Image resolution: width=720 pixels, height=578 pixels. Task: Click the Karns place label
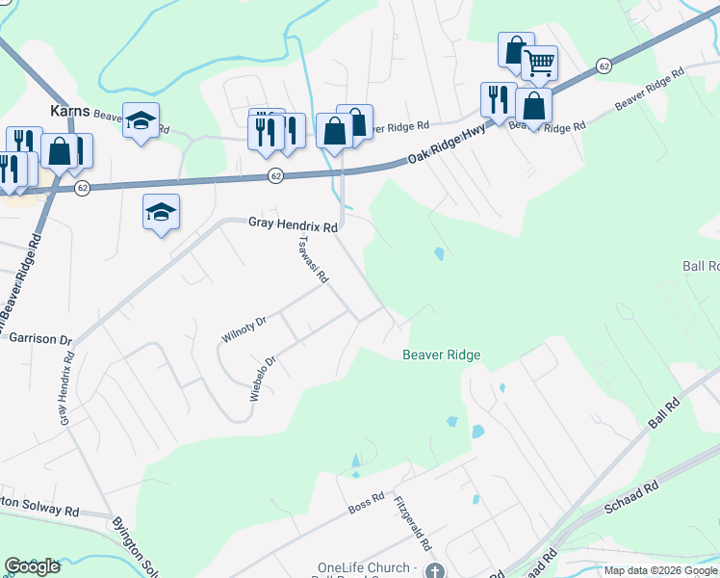(x=71, y=109)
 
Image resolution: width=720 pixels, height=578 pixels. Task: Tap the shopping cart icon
(x=539, y=64)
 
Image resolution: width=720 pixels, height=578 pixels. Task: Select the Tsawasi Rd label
(x=314, y=259)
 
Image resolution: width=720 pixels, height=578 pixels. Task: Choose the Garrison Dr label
(x=39, y=339)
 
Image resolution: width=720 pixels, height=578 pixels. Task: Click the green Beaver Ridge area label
(x=440, y=355)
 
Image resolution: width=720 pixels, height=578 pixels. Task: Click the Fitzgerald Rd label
(x=411, y=524)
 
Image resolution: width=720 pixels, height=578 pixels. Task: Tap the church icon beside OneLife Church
(x=436, y=570)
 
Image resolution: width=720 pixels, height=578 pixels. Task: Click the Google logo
(x=33, y=566)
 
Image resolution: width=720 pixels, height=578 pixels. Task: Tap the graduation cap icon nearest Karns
(x=141, y=120)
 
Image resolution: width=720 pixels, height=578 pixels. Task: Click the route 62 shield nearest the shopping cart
(x=604, y=66)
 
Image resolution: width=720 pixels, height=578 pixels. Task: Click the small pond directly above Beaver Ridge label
(x=439, y=254)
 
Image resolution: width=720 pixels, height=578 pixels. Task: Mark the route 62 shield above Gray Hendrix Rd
(x=275, y=175)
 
